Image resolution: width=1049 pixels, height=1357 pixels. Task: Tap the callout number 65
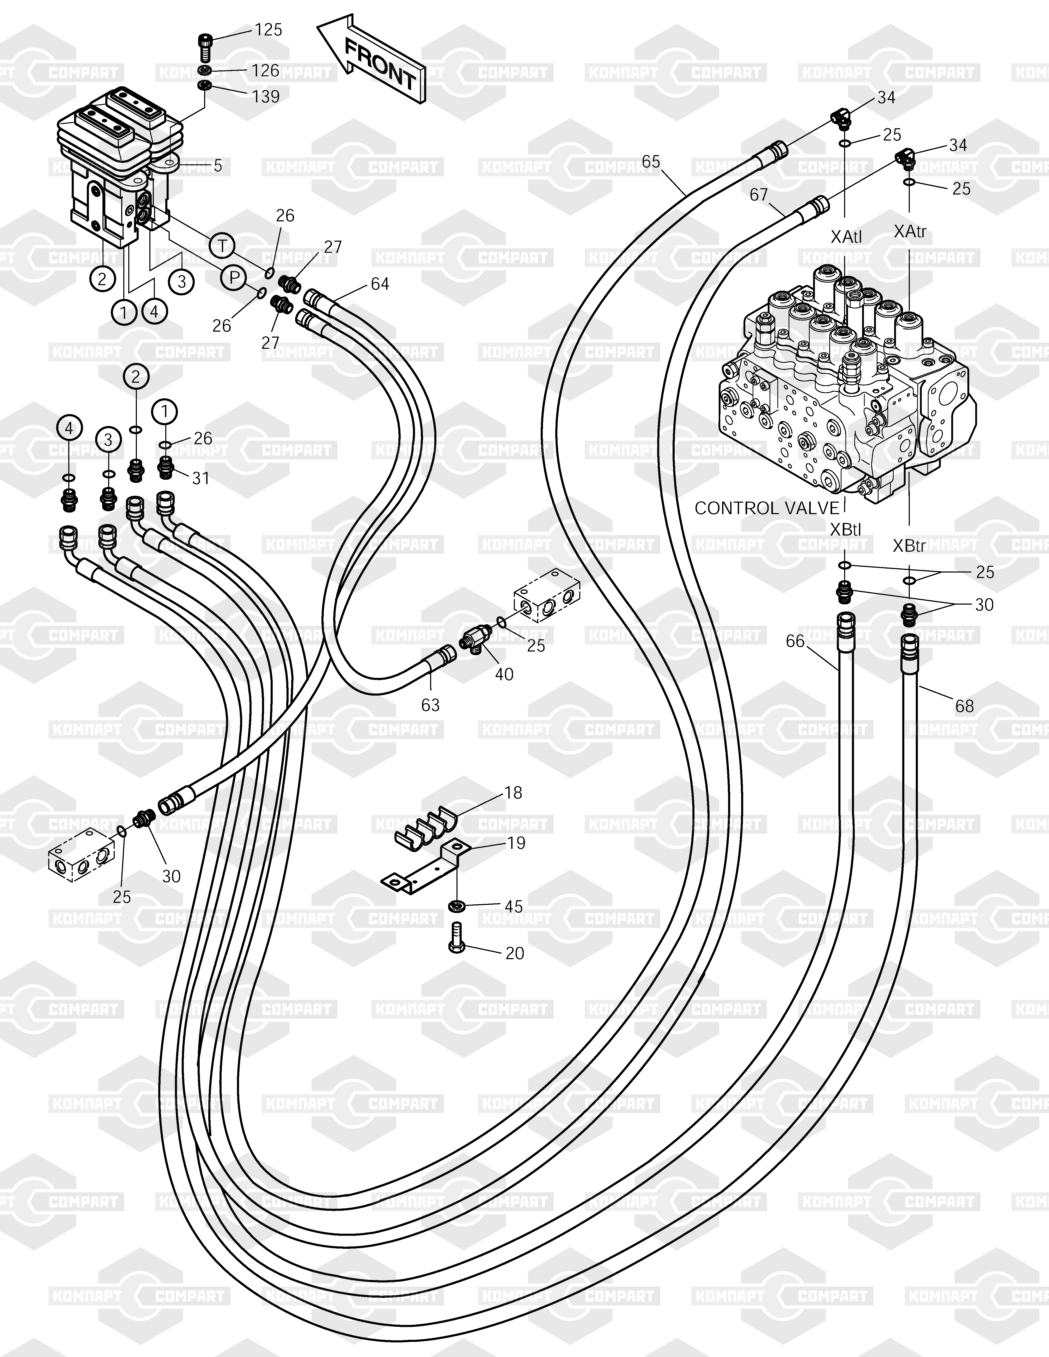(651, 162)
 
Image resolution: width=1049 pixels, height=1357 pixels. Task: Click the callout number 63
(430, 705)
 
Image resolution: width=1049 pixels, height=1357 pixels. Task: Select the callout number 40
(504, 674)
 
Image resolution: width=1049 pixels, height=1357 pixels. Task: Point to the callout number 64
(380, 284)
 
